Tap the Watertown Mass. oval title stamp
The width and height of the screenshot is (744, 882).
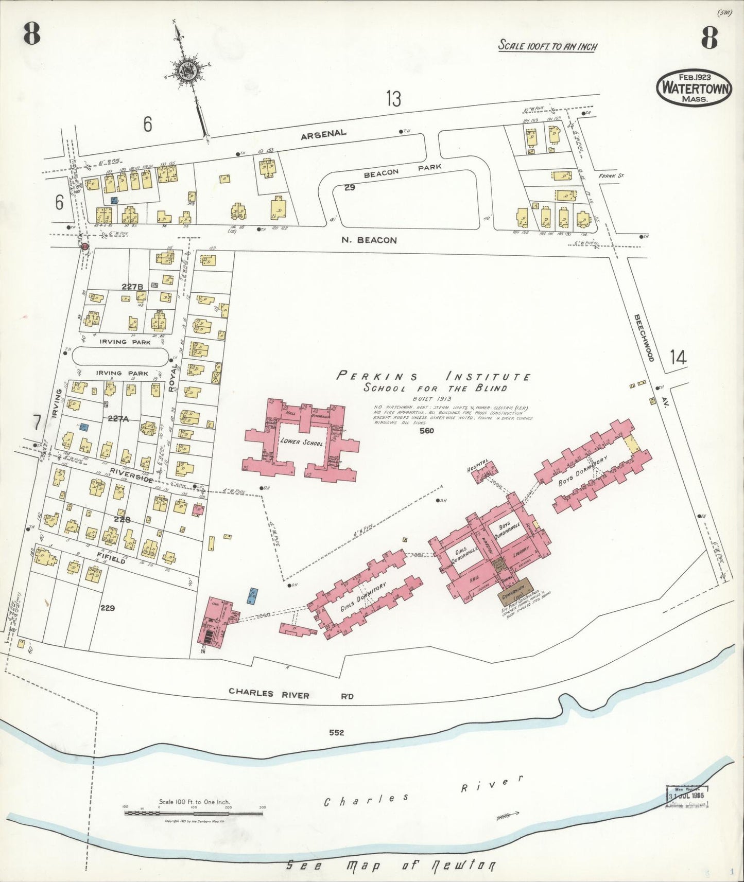pyautogui.click(x=694, y=89)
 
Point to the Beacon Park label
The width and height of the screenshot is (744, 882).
pyautogui.click(x=403, y=170)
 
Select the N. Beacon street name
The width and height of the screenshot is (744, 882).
pyautogui.click(x=369, y=240)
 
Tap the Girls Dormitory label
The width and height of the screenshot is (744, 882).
pyautogui.click(x=363, y=596)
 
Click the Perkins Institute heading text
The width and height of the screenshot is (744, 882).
pyautogui.click(x=434, y=376)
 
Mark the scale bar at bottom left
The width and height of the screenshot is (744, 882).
pyautogui.click(x=194, y=812)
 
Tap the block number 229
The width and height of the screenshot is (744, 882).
pyautogui.click(x=108, y=608)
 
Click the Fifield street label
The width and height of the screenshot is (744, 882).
pyautogui.click(x=111, y=558)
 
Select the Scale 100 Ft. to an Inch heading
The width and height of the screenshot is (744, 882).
pyautogui.click(x=547, y=46)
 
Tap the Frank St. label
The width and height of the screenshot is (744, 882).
pyautogui.click(x=611, y=175)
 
